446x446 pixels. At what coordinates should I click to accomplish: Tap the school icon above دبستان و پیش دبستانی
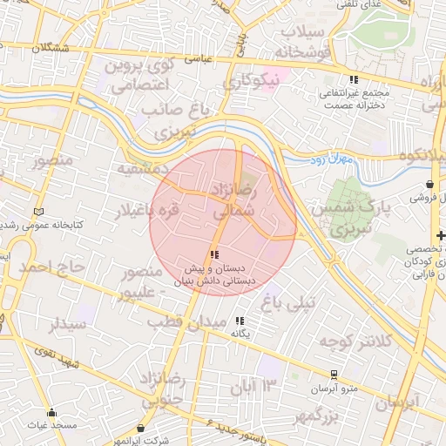pos(215,253)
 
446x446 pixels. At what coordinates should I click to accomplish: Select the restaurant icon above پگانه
pos(240,320)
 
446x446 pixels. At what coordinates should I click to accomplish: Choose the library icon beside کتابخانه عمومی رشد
pos(37,212)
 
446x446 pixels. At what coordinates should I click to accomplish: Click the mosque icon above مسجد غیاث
pos(52,412)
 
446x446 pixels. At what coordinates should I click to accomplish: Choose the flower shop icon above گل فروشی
pos(431,185)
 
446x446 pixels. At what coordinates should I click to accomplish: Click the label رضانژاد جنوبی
pos(164,389)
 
